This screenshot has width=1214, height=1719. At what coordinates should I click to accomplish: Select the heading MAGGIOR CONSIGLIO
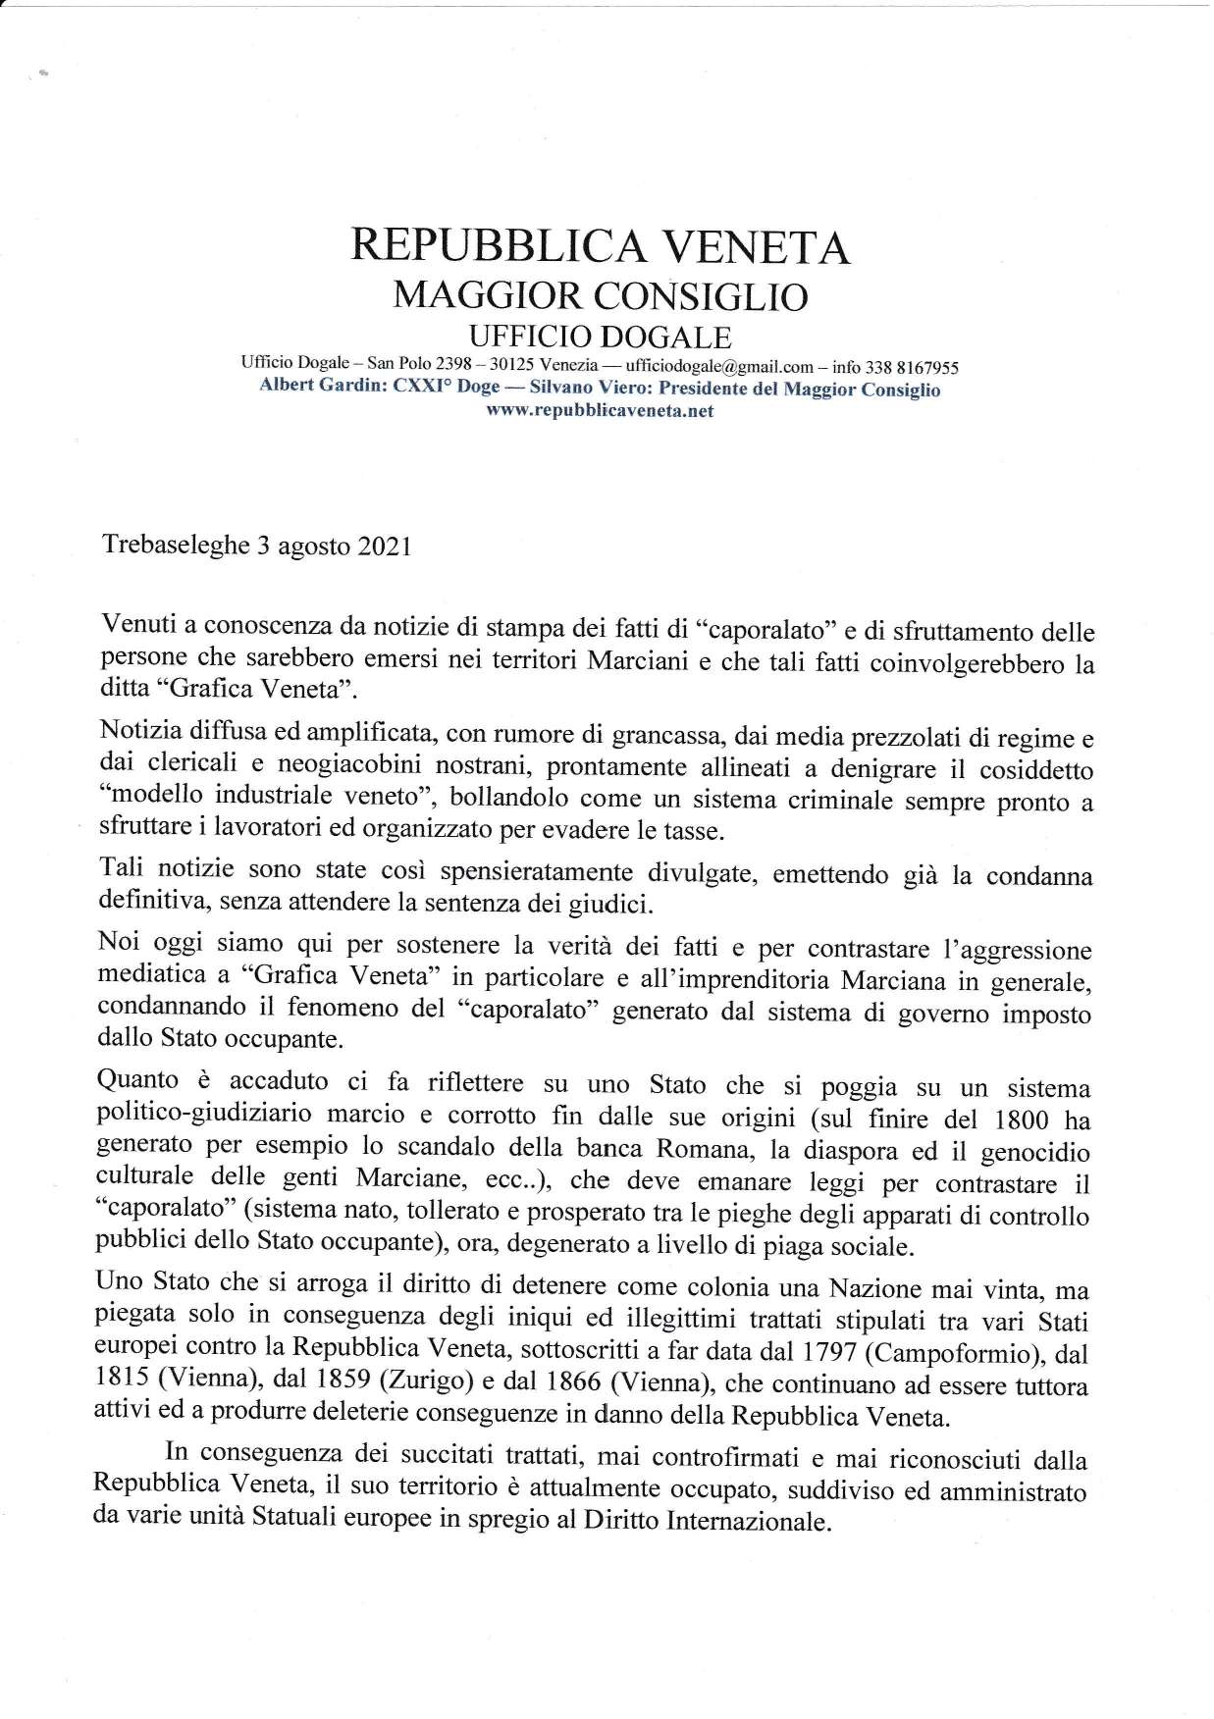(600, 295)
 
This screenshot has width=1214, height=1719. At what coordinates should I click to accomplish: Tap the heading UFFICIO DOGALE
(600, 338)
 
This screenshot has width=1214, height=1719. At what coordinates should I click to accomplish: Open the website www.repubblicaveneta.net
(600, 411)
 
